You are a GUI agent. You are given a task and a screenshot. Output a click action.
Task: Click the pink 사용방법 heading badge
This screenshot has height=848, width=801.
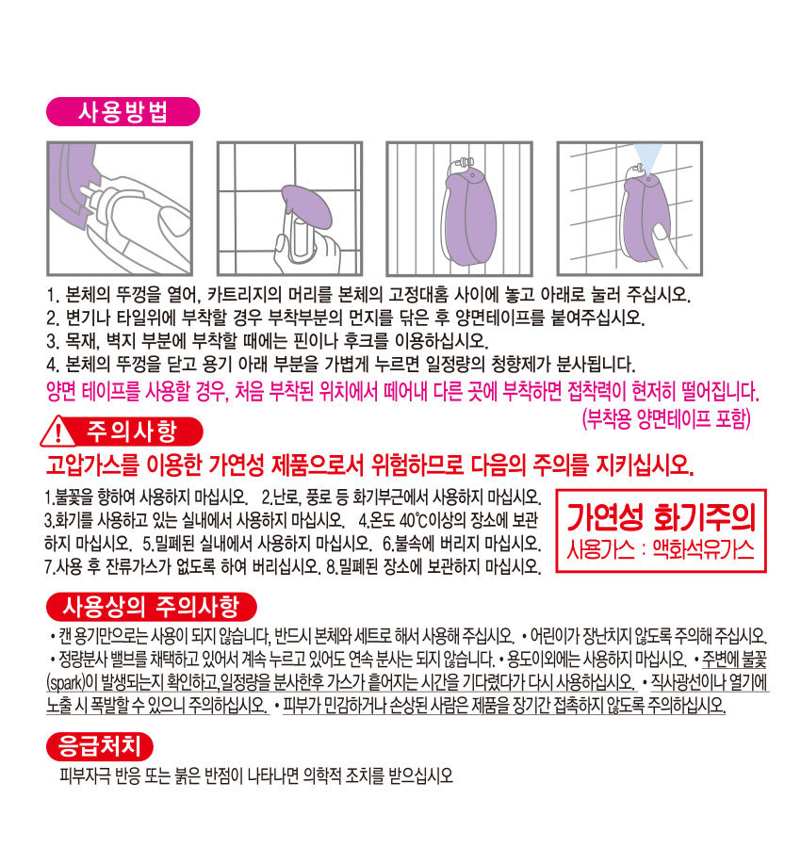point(123,112)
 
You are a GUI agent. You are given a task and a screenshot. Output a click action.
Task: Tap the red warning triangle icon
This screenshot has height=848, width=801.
point(57,432)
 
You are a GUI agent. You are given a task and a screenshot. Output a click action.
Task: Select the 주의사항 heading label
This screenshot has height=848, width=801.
point(133,431)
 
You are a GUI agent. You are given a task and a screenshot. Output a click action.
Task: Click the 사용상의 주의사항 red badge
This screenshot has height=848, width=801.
point(151,606)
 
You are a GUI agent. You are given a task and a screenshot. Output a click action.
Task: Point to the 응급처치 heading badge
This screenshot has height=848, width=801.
point(100,746)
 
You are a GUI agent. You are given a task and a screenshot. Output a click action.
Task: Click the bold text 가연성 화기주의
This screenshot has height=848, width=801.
point(661,517)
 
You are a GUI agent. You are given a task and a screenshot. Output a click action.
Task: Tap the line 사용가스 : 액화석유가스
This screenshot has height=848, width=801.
point(661,549)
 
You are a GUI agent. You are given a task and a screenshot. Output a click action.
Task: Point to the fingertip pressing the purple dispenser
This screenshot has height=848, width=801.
point(661,234)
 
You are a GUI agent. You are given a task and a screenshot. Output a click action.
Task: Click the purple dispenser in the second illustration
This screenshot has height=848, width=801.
point(306,205)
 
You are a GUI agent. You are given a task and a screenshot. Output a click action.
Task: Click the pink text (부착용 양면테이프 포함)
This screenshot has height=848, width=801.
point(666,418)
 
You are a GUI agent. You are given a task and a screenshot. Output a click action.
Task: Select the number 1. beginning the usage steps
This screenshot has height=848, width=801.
point(53,295)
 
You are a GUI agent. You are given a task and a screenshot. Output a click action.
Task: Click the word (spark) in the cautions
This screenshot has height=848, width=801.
point(65,682)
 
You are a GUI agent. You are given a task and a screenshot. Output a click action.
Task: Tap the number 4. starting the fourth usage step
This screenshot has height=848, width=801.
point(53,365)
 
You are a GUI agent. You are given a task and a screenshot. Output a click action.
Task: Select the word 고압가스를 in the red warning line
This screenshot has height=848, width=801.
point(92,464)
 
